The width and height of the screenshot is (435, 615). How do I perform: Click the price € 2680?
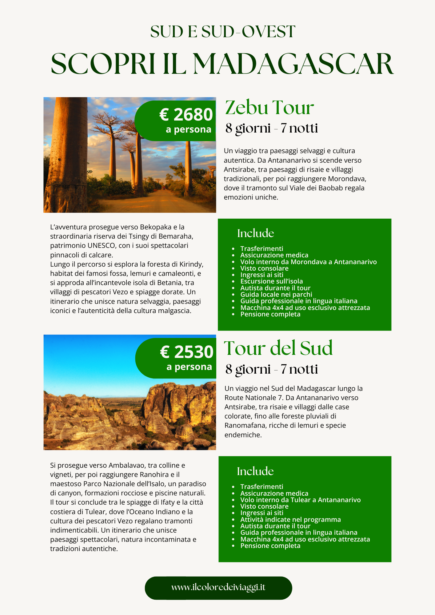pos(186,115)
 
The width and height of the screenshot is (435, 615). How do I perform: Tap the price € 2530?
pos(187,352)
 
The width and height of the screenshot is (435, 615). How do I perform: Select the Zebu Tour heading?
pos(269,108)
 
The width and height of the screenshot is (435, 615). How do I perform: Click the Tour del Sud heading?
pos(278,348)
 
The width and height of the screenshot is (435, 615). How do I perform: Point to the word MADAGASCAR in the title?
pos(293,64)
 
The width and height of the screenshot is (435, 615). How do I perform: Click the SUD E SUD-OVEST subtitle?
pos(223,32)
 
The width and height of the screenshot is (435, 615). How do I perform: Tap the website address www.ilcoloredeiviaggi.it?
pos(218,587)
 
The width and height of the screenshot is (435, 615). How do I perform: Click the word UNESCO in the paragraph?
pos(101,246)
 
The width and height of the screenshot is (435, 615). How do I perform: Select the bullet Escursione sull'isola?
pos(271,281)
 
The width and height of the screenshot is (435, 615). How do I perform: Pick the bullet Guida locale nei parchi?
pos(276,295)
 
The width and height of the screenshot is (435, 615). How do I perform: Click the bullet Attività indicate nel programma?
pos(290,520)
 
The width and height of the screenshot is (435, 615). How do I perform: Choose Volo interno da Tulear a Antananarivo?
pos(300,500)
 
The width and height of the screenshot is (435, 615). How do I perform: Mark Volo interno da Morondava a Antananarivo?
pos(308,262)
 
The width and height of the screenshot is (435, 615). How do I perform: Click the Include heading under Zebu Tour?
pos(255,233)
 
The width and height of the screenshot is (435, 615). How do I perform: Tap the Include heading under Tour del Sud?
pos(255,471)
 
